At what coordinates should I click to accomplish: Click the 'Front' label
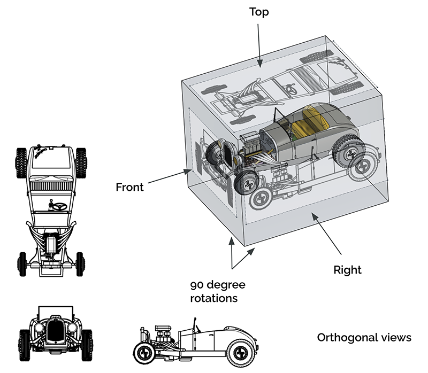[x=129, y=187]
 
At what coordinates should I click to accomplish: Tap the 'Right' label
[x=348, y=269]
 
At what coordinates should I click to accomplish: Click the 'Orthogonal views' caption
[x=364, y=338]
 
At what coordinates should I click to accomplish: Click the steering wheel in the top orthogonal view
[x=57, y=205]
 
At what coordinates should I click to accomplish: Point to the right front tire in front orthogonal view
[x=87, y=342]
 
